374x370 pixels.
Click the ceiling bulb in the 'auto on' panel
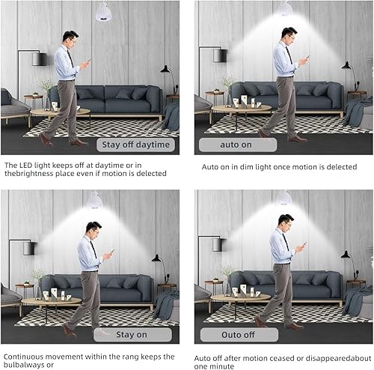285,7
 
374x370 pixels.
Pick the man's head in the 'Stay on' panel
92,228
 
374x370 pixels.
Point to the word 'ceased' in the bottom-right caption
277,357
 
